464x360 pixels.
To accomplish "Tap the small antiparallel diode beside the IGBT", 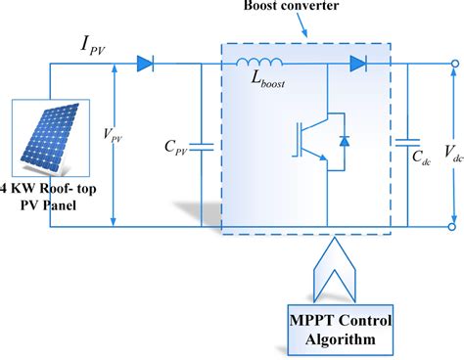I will (x=343, y=141).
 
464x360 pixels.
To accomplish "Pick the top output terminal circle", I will (x=453, y=65).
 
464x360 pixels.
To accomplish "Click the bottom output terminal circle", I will (x=453, y=227).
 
